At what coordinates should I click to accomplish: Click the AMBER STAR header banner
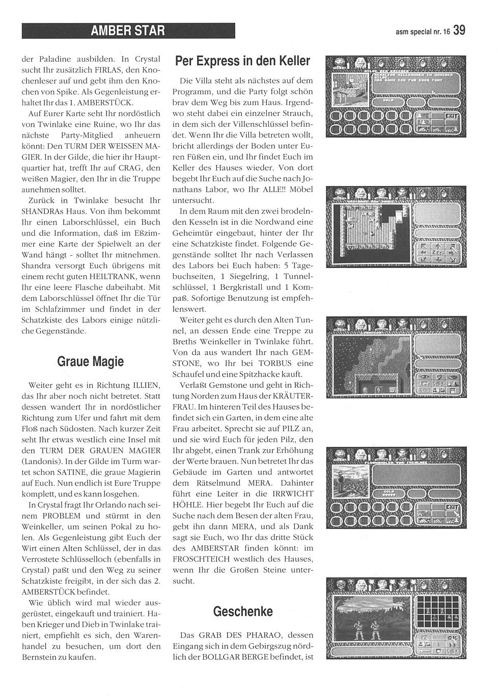point(128,31)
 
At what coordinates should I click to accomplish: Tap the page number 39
point(459,31)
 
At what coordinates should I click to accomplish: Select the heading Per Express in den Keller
point(242,61)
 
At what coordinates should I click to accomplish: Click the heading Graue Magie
point(91,362)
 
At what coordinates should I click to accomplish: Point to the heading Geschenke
point(243,611)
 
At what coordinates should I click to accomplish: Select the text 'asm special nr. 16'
point(423,32)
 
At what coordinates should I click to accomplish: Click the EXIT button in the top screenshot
point(451,117)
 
